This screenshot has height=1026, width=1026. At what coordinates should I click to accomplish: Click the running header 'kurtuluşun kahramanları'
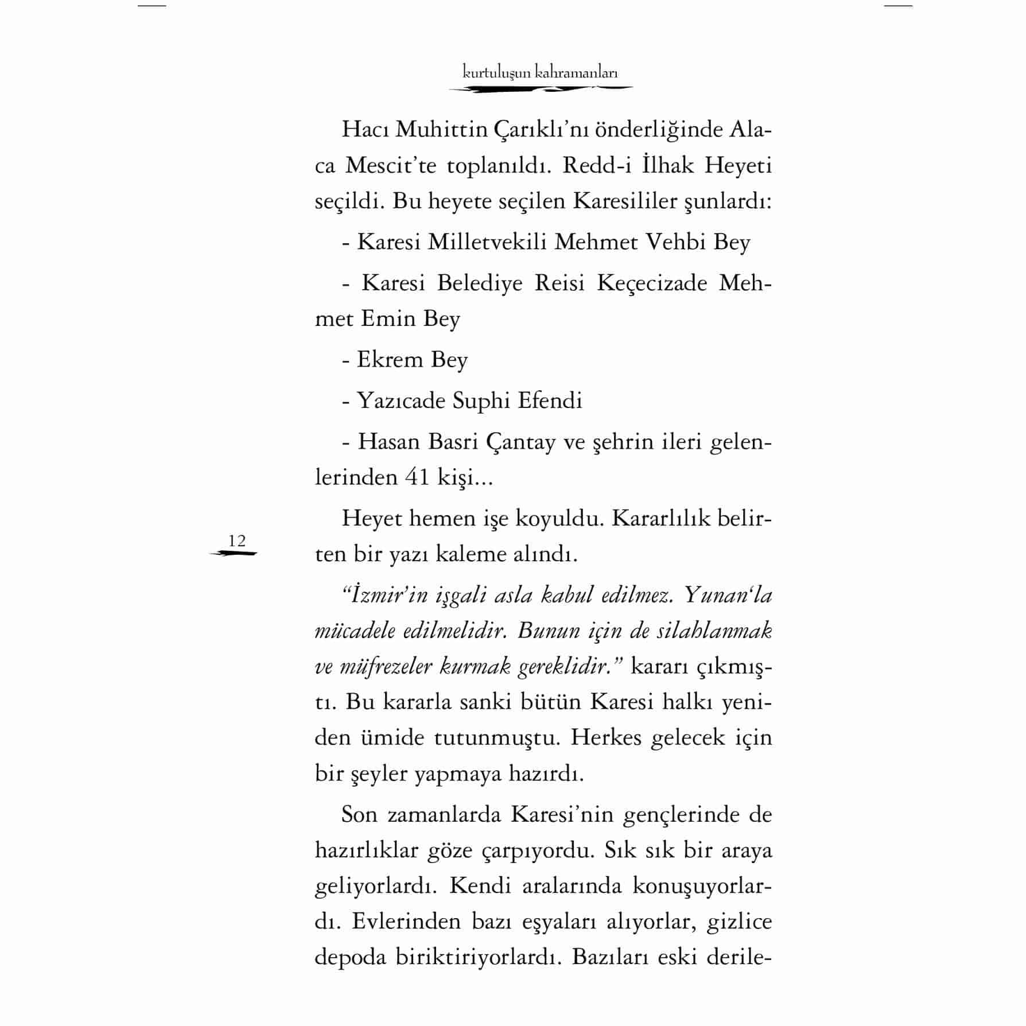pos(540,73)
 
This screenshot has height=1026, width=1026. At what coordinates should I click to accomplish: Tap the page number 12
pos(237,541)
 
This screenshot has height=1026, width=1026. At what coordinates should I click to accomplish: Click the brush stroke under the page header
pos(540,89)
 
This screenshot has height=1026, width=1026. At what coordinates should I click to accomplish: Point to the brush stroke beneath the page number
pos(234,554)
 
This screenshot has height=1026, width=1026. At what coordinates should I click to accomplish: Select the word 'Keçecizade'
pos(652,283)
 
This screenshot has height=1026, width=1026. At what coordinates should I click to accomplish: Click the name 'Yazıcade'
pos(401,401)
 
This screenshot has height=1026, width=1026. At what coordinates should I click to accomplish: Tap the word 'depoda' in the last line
pos(350,957)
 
